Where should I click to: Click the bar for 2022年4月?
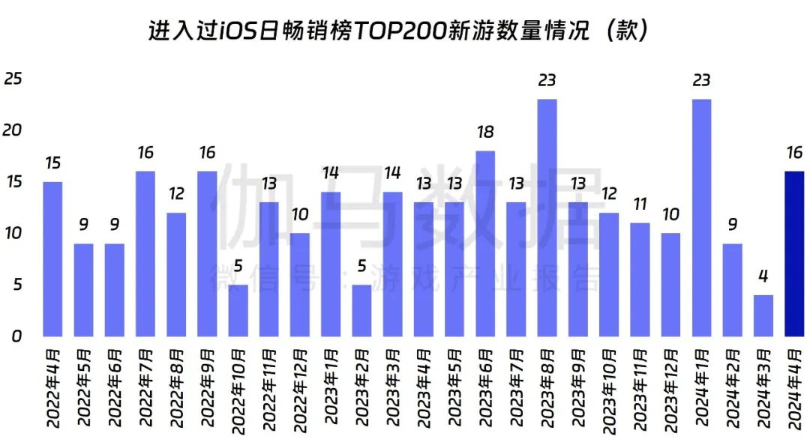click(52, 258)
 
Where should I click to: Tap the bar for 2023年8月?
click(547, 217)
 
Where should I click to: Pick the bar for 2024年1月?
click(701, 217)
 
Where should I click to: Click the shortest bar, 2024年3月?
click(763, 315)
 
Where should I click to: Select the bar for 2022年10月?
click(238, 310)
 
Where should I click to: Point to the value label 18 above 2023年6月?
click(485, 133)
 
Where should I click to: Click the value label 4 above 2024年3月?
click(763, 276)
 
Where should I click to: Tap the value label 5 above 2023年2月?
click(361, 266)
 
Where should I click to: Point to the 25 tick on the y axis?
click(13, 79)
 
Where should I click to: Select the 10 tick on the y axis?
click(13, 233)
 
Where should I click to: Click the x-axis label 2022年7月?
click(145, 390)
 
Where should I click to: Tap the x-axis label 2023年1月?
click(331, 390)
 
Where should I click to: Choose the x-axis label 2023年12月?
click(670, 390)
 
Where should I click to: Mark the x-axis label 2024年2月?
click(732, 390)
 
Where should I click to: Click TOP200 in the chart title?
click(397, 32)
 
